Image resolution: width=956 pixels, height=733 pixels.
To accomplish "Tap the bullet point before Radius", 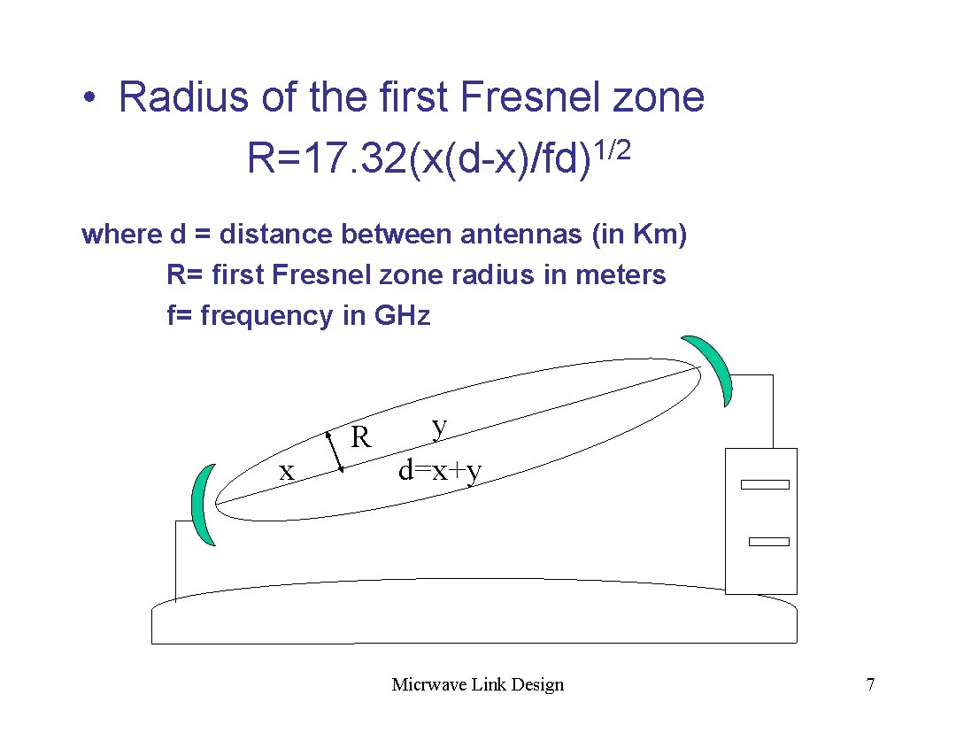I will [89, 97].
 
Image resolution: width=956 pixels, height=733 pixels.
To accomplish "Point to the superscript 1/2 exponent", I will [613, 151].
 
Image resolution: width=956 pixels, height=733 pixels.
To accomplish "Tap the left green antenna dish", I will [204, 505].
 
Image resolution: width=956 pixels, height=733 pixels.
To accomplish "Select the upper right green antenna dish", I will [713, 370].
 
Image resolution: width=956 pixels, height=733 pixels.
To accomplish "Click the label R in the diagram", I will [361, 436].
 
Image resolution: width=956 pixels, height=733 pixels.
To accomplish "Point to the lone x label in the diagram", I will [286, 472].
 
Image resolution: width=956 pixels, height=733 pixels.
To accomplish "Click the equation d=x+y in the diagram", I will [440, 470].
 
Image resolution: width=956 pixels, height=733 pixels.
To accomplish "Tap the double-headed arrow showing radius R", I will [335, 452].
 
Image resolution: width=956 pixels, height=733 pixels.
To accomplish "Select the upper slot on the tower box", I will [765, 484].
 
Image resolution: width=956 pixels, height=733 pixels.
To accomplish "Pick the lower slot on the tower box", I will [767, 541].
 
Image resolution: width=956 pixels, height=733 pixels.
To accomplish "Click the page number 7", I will [871, 684].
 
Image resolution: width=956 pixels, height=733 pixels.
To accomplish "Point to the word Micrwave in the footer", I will [424, 684].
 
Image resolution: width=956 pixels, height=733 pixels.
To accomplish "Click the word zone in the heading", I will [659, 96].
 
